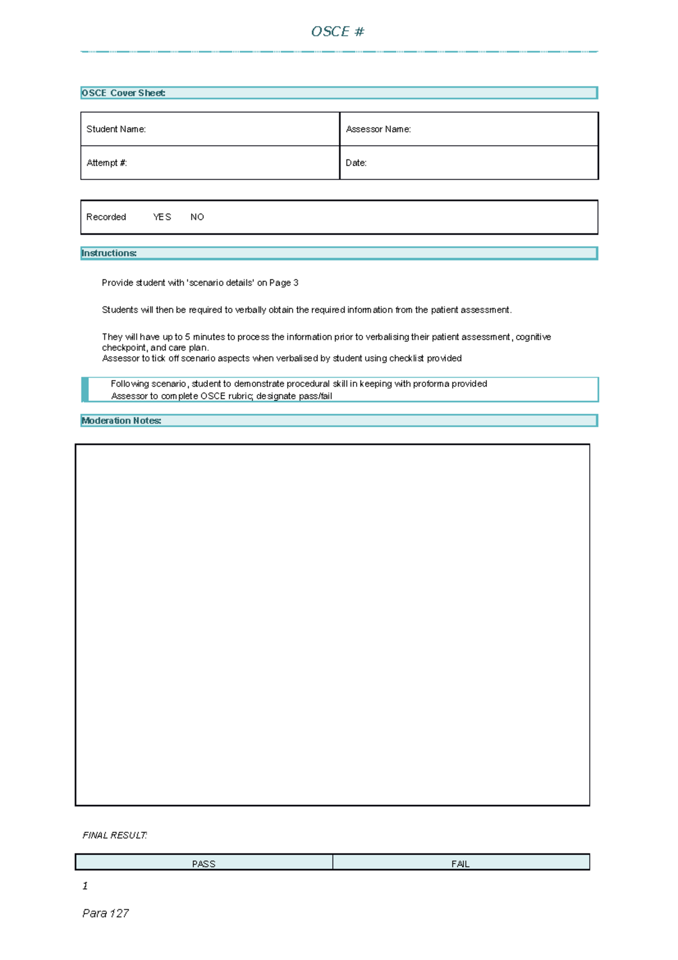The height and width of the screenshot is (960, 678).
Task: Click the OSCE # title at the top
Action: coord(337,32)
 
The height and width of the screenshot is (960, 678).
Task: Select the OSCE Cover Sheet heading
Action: coord(123,93)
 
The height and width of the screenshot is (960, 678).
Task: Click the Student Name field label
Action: coord(116,129)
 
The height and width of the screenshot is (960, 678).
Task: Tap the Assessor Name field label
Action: coord(378,129)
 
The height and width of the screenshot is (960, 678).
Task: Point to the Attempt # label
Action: coord(106,163)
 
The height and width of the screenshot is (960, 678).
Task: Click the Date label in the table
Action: coord(356,163)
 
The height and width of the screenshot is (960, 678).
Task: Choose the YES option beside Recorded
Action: coord(162,217)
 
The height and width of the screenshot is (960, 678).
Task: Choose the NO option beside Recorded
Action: coord(197,217)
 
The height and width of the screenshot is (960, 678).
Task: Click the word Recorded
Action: coord(106,217)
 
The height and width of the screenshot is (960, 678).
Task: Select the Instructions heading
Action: coord(109,253)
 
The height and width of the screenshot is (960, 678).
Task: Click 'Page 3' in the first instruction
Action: coord(284,283)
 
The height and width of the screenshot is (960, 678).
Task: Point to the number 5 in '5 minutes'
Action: coord(188,337)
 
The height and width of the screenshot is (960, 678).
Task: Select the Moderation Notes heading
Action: coord(121,421)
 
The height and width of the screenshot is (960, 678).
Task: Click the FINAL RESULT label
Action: coord(115,835)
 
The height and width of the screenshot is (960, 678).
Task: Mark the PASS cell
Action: coord(203,863)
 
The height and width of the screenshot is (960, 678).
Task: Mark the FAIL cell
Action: coord(460,863)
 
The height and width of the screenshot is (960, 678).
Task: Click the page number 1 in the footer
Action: coord(85,886)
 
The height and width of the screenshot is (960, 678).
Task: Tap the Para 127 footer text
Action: coord(106,913)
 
